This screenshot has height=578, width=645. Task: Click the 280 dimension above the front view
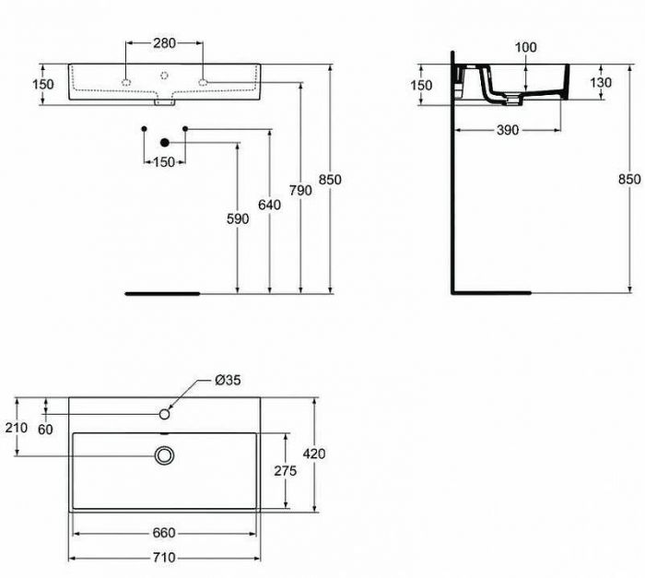tap(164, 43)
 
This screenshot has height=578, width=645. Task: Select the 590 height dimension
tap(238, 218)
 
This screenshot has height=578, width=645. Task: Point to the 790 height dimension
tap(300, 190)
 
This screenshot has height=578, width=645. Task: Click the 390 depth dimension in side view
tap(507, 130)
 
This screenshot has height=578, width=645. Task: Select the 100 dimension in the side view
tap(525, 45)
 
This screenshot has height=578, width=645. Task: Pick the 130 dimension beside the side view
tap(600, 82)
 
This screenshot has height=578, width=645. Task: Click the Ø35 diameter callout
tap(228, 381)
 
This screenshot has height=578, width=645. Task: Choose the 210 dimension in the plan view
tap(15, 427)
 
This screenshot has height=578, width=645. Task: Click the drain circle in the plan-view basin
tap(165, 454)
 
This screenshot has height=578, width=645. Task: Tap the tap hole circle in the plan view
tap(165, 414)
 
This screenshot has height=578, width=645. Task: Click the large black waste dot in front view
tap(165, 142)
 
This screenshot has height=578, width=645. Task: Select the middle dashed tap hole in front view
tap(164, 75)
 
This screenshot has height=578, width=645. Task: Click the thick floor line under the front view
tap(162, 293)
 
